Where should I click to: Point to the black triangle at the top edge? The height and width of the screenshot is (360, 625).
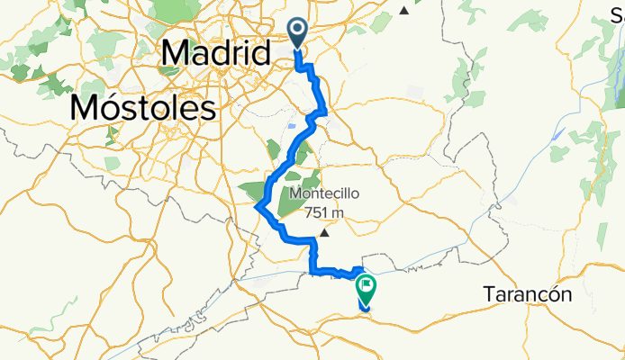point(405,11)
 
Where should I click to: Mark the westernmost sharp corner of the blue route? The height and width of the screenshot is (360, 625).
point(258,206)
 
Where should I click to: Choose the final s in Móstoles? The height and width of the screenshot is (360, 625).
point(210,110)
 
